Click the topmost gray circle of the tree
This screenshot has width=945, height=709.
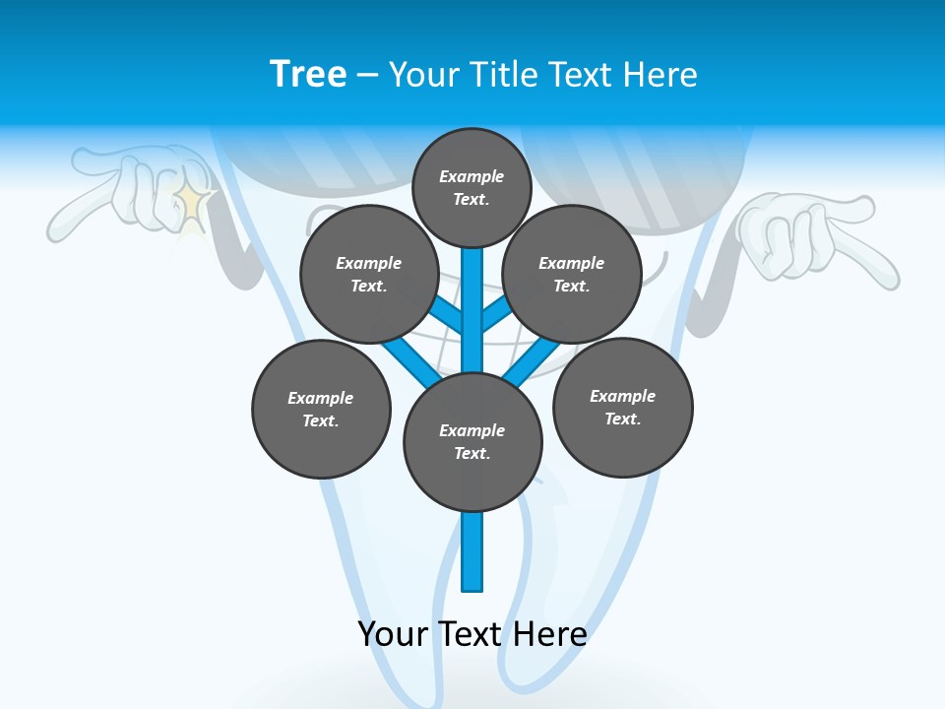tap(472, 187)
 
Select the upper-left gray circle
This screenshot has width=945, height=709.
tap(369, 274)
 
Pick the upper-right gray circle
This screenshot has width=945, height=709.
tap(572, 274)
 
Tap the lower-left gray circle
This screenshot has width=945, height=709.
tap(321, 409)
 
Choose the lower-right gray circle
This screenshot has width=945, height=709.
tap(622, 407)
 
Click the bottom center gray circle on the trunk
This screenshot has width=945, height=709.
tap(472, 441)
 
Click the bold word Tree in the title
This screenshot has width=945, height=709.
tap(308, 74)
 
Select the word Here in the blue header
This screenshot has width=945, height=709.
tap(661, 75)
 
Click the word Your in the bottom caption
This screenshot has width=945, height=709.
tap(392, 633)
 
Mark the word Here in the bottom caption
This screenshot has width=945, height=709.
tap(549, 633)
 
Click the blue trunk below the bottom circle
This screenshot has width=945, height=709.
tap(472, 551)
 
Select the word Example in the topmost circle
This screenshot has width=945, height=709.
tap(472, 176)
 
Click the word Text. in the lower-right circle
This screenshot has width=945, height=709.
tap(622, 419)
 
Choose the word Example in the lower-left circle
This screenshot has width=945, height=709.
tap(320, 398)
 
